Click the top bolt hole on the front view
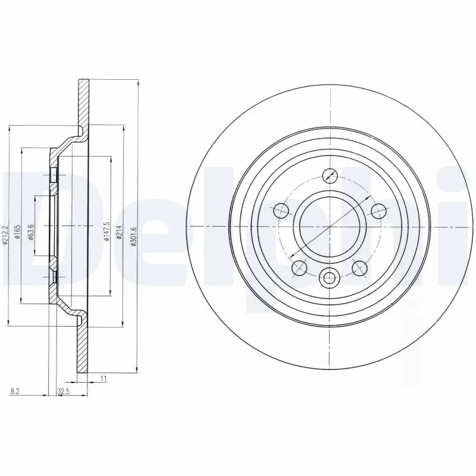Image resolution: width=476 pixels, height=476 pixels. pyautogui.click(x=329, y=176)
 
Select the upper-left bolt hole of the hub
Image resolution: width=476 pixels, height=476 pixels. pyautogui.click(x=280, y=210)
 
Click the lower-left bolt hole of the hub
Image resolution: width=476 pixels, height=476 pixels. pyautogui.click(x=299, y=268)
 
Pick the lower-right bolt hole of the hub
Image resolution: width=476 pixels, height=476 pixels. pyautogui.click(x=359, y=268)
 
